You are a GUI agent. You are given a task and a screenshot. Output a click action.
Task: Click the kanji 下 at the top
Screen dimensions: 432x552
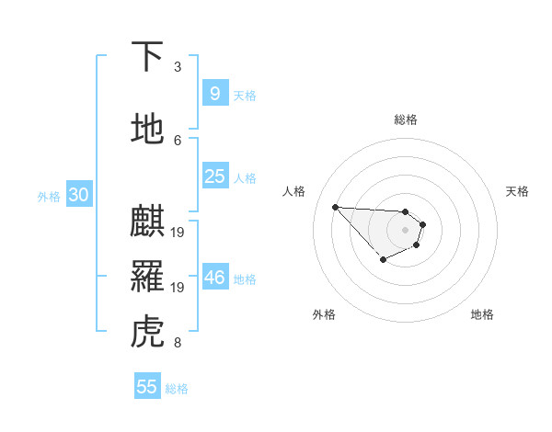click(x=147, y=57)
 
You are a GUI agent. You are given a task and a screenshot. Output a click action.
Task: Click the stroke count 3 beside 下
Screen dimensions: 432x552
click(x=178, y=67)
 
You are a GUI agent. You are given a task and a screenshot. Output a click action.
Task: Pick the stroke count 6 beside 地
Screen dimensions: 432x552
click(x=178, y=140)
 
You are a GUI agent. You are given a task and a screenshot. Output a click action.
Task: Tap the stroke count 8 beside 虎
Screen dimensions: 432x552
click(x=178, y=344)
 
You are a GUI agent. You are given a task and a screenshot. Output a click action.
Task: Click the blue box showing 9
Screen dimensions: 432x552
click(x=214, y=94)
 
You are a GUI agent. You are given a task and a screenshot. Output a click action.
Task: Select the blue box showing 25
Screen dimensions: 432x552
click(x=214, y=176)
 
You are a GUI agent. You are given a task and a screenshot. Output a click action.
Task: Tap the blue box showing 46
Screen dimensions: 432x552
click(x=214, y=278)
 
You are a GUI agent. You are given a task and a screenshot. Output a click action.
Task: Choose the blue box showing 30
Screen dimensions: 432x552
click(x=78, y=195)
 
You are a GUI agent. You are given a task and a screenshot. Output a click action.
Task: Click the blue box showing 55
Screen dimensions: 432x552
click(x=147, y=387)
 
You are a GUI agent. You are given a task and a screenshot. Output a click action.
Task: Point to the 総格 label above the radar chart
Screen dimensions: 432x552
click(x=406, y=119)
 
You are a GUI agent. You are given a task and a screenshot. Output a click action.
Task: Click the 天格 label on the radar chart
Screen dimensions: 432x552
click(x=517, y=191)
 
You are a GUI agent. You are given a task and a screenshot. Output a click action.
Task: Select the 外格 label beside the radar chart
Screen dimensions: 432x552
click(x=324, y=314)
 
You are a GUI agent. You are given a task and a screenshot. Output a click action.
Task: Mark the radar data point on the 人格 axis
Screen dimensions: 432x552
click(x=335, y=207)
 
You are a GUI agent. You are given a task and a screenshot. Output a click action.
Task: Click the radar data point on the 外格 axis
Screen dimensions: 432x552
click(x=383, y=260)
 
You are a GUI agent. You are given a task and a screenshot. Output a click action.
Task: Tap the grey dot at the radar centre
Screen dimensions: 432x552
click(x=405, y=230)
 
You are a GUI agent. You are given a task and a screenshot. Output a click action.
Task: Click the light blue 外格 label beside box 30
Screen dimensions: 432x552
click(x=49, y=196)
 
